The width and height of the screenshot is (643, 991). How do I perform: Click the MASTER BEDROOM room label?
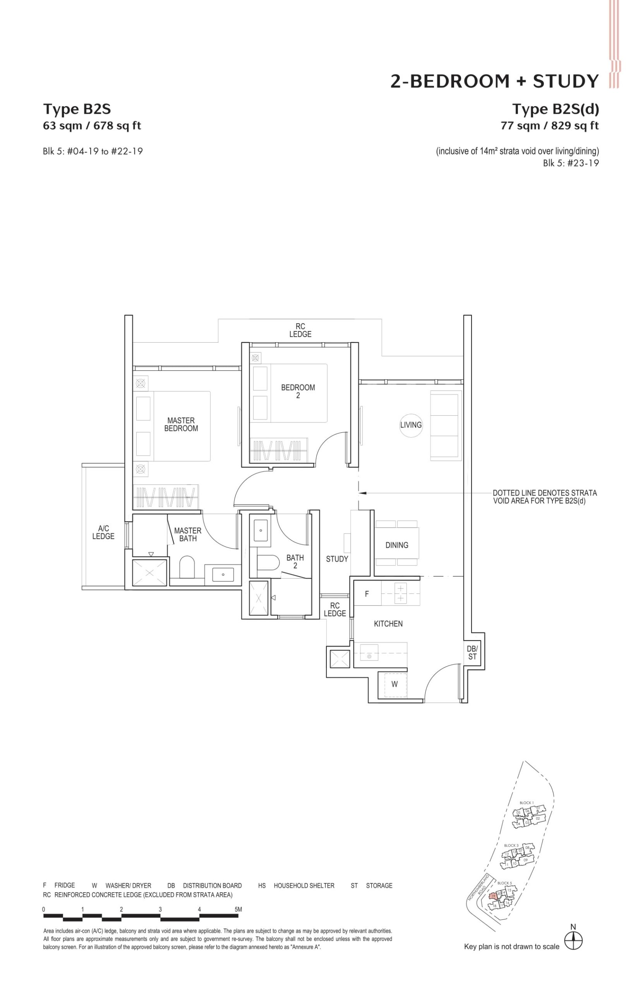(x=181, y=424)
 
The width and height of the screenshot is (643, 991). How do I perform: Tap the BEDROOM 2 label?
(x=298, y=391)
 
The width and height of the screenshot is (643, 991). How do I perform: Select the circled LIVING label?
(x=411, y=425)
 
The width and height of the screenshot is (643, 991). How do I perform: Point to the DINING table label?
(x=396, y=545)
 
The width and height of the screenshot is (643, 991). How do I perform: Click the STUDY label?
(x=336, y=559)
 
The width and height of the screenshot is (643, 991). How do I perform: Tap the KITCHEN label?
(x=388, y=623)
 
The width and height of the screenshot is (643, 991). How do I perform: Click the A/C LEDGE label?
(x=103, y=532)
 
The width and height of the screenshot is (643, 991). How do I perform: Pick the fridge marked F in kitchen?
(x=367, y=594)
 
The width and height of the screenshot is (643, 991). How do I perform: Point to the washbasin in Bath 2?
(x=261, y=530)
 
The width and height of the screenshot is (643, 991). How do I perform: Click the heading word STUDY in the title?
(x=566, y=81)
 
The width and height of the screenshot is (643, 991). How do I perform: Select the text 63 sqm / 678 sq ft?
(x=92, y=125)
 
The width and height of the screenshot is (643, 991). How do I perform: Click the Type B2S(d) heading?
(x=555, y=109)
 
